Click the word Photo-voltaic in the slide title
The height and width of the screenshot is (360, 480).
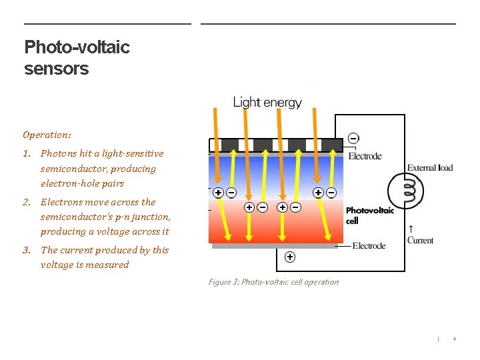pyautogui.click(x=77, y=47)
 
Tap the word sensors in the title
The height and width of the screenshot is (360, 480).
pyautogui.click(x=56, y=69)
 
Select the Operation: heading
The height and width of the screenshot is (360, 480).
pyautogui.click(x=47, y=135)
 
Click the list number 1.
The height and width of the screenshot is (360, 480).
pyautogui.click(x=26, y=153)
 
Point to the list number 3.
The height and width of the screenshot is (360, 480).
pyautogui.click(x=26, y=250)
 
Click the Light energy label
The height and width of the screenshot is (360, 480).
pyautogui.click(x=267, y=103)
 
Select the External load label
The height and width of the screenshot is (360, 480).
pyautogui.click(x=430, y=167)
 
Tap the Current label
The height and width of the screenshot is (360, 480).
pyautogui.click(x=420, y=240)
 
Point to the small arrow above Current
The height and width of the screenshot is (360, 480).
pyautogui.click(x=410, y=229)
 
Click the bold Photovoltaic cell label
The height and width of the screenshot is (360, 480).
pyautogui.click(x=369, y=215)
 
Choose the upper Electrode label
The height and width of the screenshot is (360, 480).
pyautogui.click(x=365, y=156)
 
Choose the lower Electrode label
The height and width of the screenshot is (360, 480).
pyautogui.click(x=369, y=246)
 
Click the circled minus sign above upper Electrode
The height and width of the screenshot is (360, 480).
pyautogui.click(x=353, y=138)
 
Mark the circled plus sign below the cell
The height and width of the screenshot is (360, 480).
pyautogui.click(x=290, y=257)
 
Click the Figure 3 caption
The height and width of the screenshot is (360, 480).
pyautogui.click(x=273, y=282)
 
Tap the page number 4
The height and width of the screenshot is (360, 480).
pyautogui.click(x=454, y=339)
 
